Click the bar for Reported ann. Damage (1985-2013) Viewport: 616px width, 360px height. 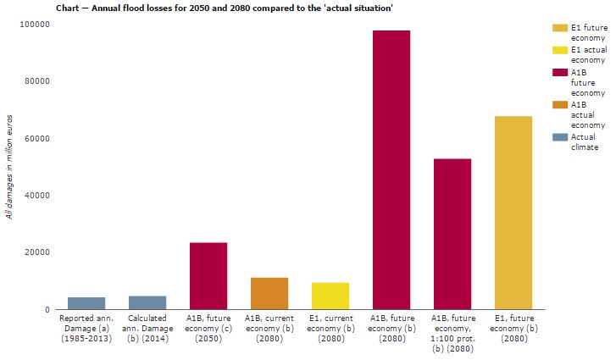point(86,303)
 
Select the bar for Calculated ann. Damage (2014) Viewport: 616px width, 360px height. point(147,302)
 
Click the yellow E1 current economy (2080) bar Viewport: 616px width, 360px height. point(330,296)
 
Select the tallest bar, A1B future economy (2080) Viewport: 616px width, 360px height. point(391,169)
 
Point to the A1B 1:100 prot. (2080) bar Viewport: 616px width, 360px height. point(452,234)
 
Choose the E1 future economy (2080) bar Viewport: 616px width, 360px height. point(513,213)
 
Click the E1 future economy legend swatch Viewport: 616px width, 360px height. point(558,28)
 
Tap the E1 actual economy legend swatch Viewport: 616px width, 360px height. point(558,50)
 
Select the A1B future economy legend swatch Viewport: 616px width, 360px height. point(558,72)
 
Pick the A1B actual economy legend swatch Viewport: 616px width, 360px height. point(558,104)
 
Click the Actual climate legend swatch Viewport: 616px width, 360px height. point(558,136)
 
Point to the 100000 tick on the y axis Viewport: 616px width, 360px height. point(34,25)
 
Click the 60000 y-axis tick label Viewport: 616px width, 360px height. point(36,138)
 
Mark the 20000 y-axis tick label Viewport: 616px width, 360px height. point(36,252)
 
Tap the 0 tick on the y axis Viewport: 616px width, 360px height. point(46,309)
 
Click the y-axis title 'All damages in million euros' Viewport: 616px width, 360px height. point(9,168)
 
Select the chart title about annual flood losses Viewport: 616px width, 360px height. point(224,7)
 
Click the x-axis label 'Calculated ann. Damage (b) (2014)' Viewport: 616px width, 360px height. point(147,329)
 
